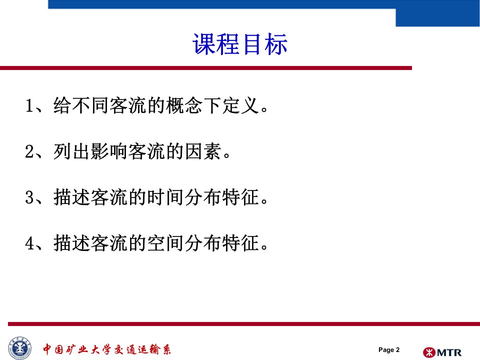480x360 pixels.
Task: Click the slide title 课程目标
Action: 240,44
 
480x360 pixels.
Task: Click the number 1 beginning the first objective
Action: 29,105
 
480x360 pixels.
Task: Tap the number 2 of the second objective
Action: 29,151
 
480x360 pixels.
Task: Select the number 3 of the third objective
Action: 29,197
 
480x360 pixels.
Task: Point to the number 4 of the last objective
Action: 29,243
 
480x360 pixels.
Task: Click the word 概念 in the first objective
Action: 184,105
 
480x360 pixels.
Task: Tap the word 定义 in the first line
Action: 241,105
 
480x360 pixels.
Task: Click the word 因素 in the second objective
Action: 203,151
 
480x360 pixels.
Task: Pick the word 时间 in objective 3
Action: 165,197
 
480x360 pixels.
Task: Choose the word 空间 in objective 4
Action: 165,243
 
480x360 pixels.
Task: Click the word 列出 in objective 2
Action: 72,151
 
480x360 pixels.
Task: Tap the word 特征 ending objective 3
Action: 241,197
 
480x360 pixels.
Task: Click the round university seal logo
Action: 20,348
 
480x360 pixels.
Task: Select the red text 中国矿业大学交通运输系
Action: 107,349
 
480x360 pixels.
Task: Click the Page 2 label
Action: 389,349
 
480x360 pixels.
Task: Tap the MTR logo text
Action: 449,352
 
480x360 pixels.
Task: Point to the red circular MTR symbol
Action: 429,352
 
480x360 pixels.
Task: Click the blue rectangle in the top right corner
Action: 438,17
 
